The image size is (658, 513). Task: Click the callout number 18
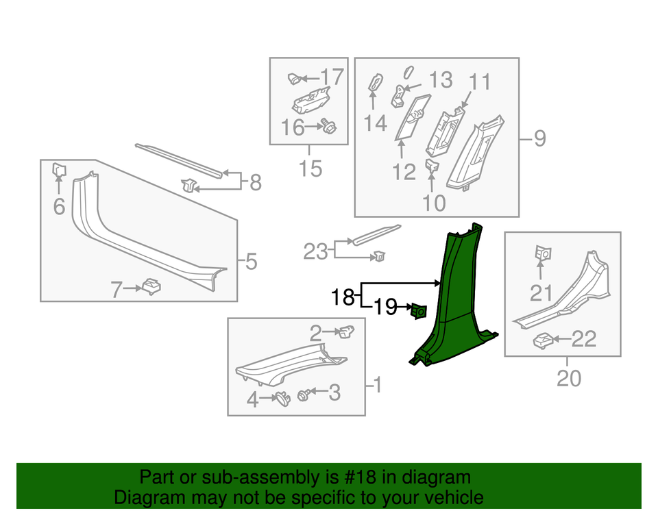coord(343,297)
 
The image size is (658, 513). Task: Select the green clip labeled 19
coord(417,312)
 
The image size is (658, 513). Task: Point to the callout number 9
coord(540,139)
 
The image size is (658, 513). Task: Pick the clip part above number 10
coord(432,165)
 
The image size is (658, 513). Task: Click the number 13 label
coord(441,80)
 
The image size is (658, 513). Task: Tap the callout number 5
coord(251,261)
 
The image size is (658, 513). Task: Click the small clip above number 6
coord(58,169)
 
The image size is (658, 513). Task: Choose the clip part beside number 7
coord(150,286)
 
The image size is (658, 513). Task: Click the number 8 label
coord(255,182)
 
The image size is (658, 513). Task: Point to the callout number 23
coord(317,252)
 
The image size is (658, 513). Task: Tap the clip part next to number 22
coord(544,340)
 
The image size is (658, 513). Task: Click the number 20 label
coord(568,377)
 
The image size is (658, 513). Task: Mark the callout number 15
coord(310,168)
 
